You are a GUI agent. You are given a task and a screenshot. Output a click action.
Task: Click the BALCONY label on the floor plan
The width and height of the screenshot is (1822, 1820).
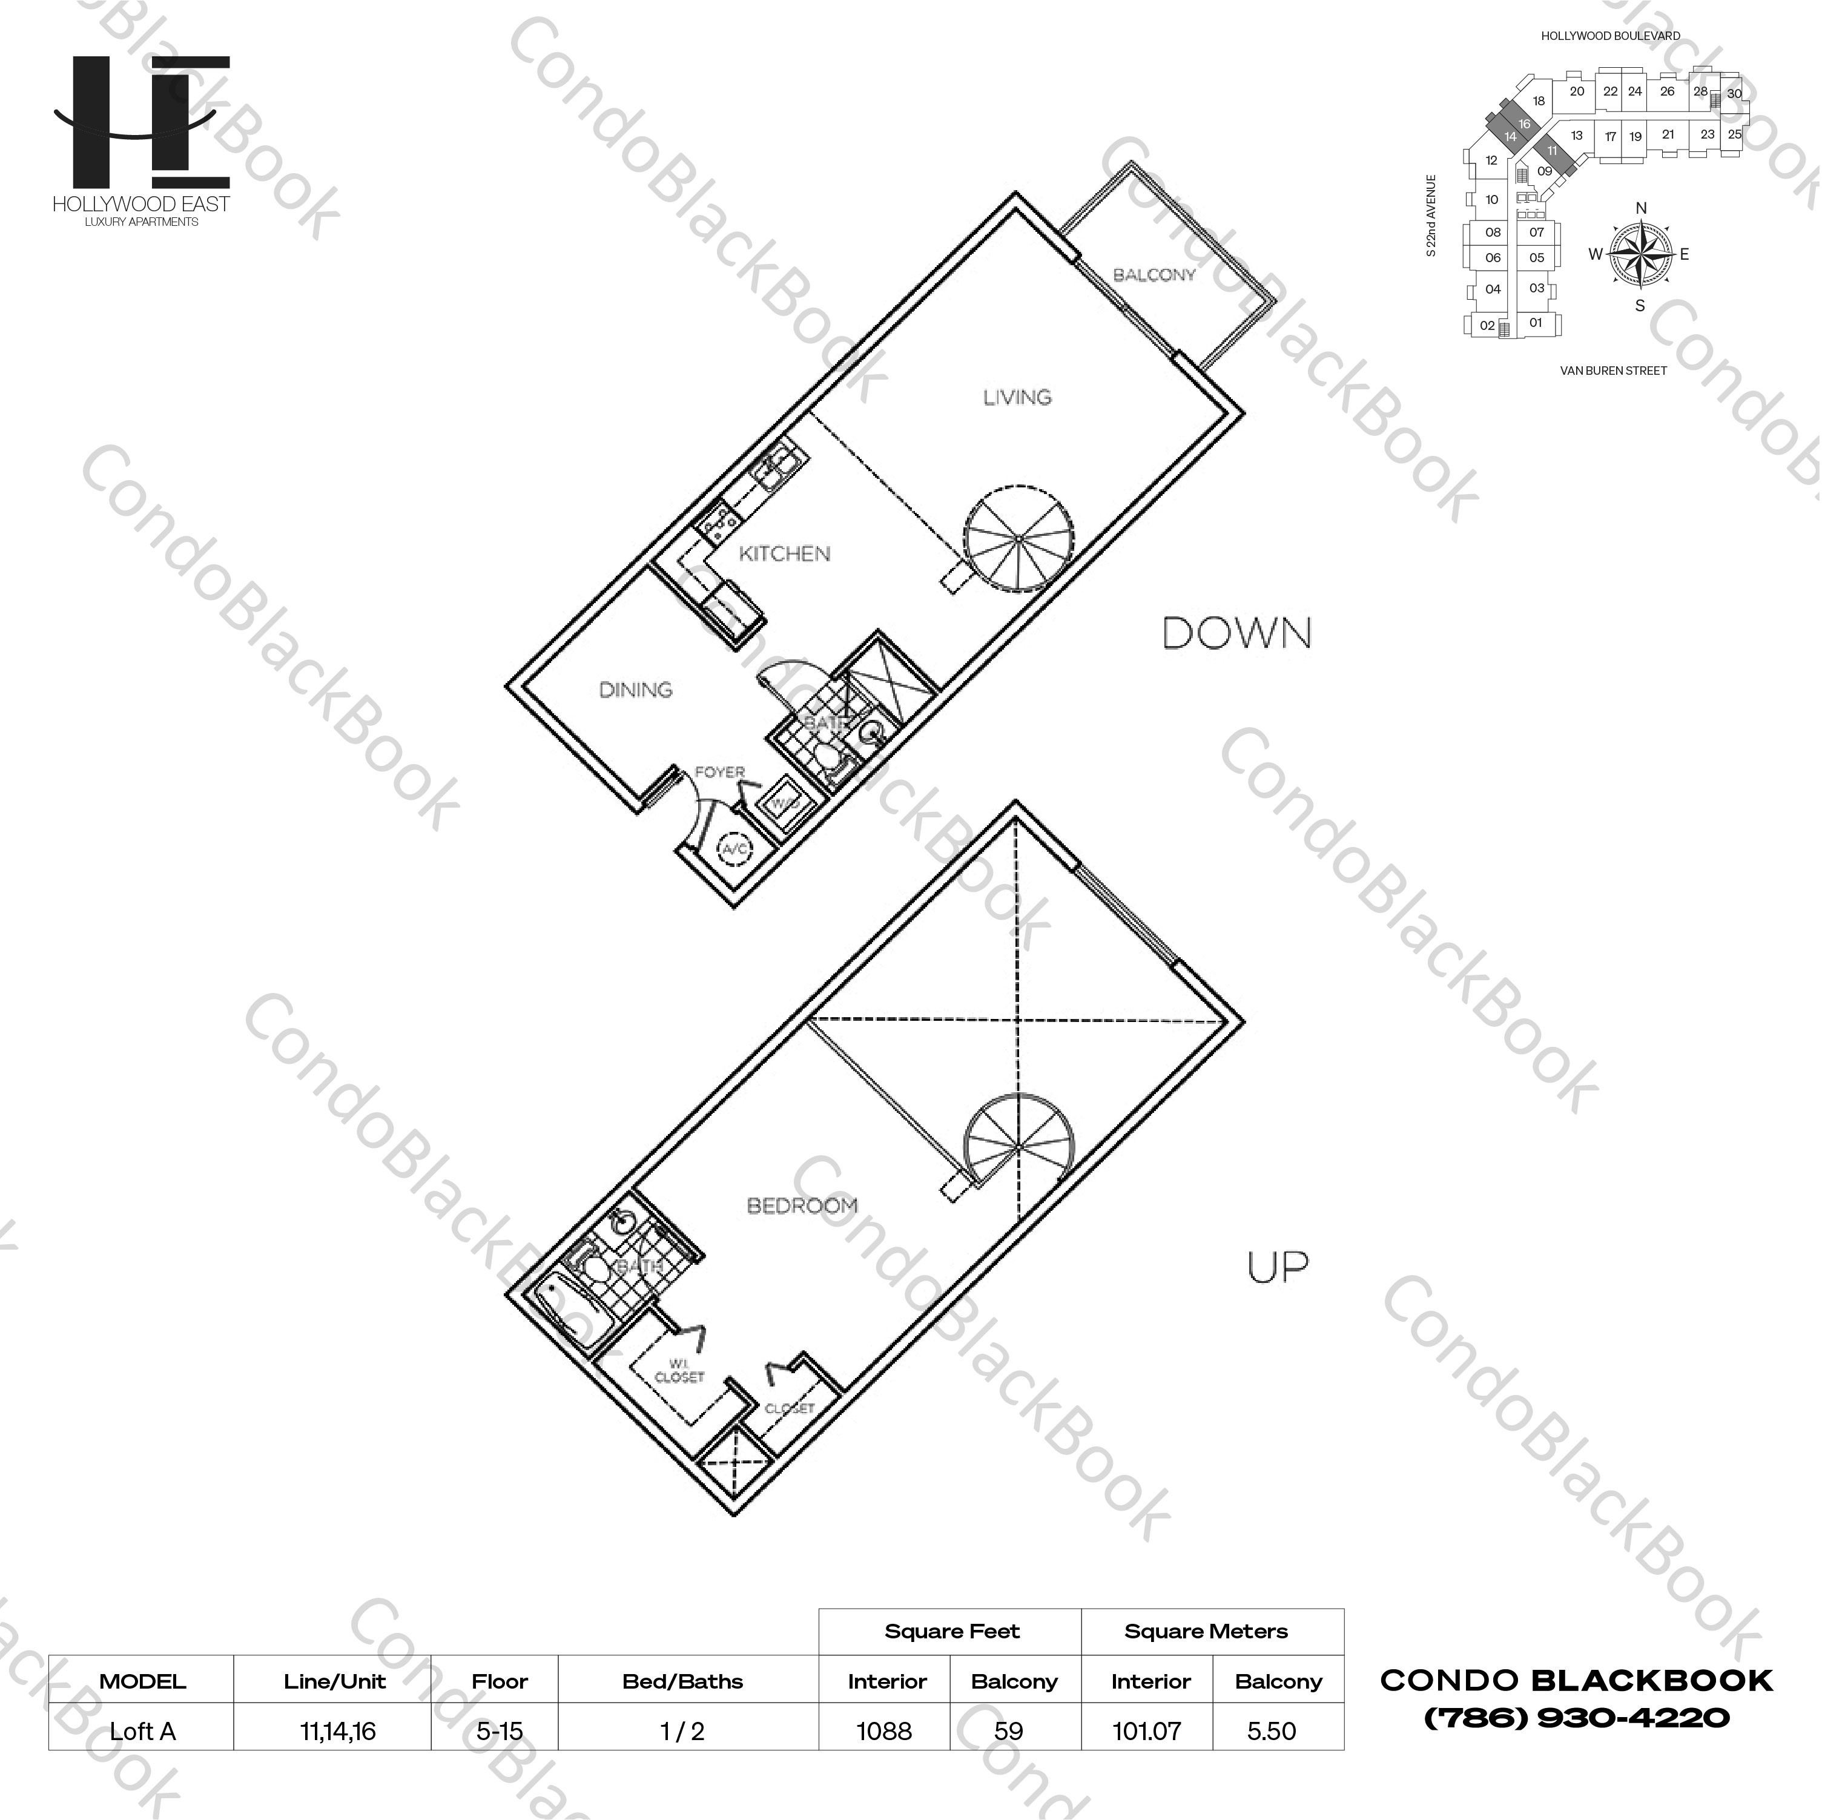pos(1154,275)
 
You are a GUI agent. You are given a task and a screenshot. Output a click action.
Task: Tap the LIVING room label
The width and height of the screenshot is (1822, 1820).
pos(1017,397)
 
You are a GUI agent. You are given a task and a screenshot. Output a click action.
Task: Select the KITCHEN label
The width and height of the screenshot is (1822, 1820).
pos(784,553)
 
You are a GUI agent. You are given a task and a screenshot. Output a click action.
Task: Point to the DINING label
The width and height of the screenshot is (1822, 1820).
pos(636,690)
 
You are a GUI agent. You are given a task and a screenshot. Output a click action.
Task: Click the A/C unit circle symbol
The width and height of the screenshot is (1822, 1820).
pos(734,849)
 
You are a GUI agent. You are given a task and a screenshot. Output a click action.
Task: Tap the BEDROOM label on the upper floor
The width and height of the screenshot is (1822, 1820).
pos(802,1205)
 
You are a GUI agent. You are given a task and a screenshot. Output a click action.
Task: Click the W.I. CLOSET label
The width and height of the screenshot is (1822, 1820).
pos(679,1370)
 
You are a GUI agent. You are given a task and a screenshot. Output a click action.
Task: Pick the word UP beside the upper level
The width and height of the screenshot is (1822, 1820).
pos(1277,1267)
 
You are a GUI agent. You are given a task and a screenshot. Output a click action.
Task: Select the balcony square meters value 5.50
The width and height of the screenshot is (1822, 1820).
pos(1270,1730)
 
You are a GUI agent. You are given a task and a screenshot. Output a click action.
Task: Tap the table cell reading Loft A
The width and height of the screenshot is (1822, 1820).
pos(142,1730)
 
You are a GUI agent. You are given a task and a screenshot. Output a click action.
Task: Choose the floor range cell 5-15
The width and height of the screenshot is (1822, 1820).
pos(499,1730)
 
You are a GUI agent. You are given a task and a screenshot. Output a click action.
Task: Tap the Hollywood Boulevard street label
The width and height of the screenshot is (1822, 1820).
pos(1610,36)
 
